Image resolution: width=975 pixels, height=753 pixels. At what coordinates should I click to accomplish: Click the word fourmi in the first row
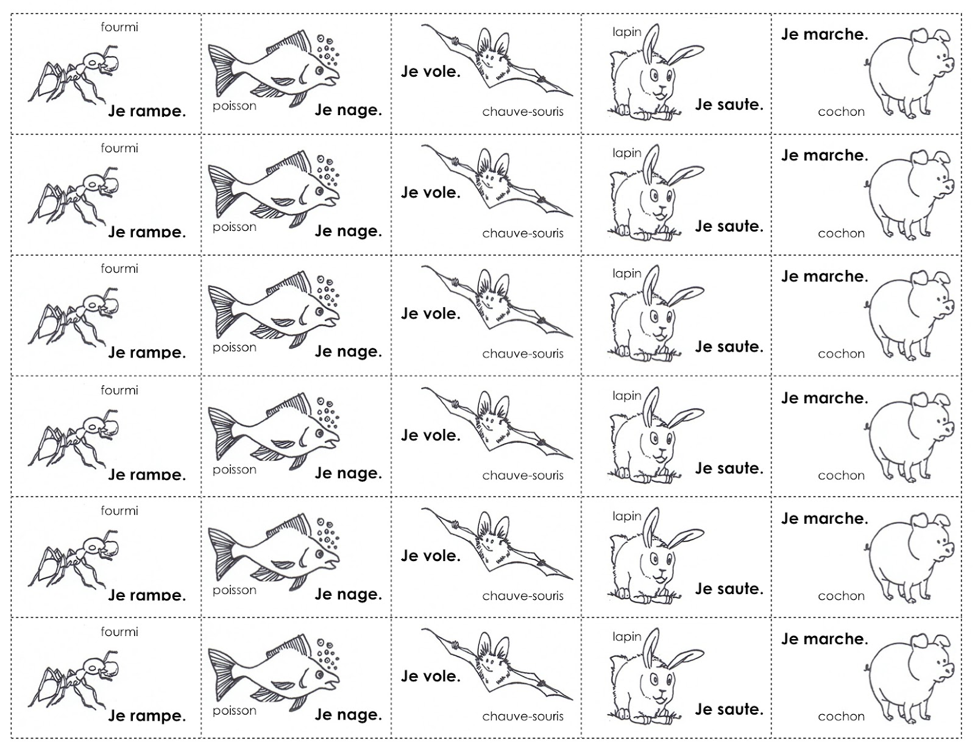coord(119,27)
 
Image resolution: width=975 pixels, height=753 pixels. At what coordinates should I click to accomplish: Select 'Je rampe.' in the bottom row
coord(147,716)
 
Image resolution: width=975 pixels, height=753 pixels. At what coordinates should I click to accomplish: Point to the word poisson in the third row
coord(235,348)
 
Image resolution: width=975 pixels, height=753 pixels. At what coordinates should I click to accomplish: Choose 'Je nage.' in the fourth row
coord(348,473)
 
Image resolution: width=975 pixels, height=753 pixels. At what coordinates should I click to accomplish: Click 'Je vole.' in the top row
coord(430,72)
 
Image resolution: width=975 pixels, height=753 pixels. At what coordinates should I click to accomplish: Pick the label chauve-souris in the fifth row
coord(523,596)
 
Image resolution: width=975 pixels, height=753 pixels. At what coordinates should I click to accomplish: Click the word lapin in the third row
coord(627,274)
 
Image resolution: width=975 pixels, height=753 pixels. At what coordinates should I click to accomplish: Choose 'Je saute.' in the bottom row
coord(729,710)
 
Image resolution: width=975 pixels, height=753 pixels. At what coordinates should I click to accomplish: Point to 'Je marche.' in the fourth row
coord(824,398)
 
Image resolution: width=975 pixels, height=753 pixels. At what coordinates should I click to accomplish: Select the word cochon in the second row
coord(841,233)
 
